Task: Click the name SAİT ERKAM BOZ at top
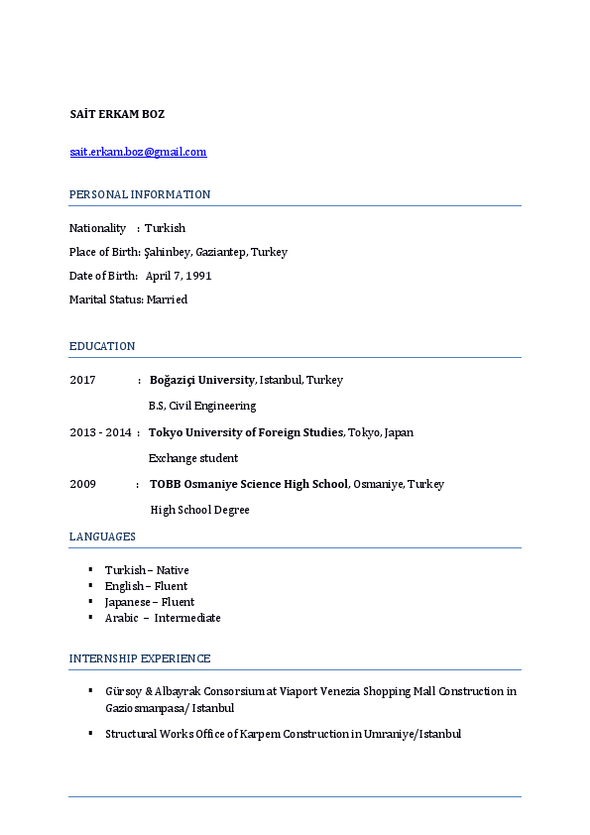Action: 117,114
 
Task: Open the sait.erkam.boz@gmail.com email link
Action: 138,152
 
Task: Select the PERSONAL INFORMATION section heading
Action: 140,194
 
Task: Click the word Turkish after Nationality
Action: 165,228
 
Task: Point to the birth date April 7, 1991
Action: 178,276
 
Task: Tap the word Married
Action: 167,299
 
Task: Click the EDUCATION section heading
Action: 102,346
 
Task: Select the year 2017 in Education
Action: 82,380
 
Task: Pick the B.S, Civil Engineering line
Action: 202,406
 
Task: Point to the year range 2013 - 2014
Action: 100,432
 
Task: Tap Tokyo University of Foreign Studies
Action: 246,432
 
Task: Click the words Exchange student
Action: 193,458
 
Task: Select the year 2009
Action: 82,484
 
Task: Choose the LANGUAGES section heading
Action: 102,537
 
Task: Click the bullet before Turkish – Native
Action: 90,569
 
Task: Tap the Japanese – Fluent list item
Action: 150,602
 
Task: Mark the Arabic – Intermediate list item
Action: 163,618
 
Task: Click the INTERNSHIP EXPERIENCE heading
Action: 140,658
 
